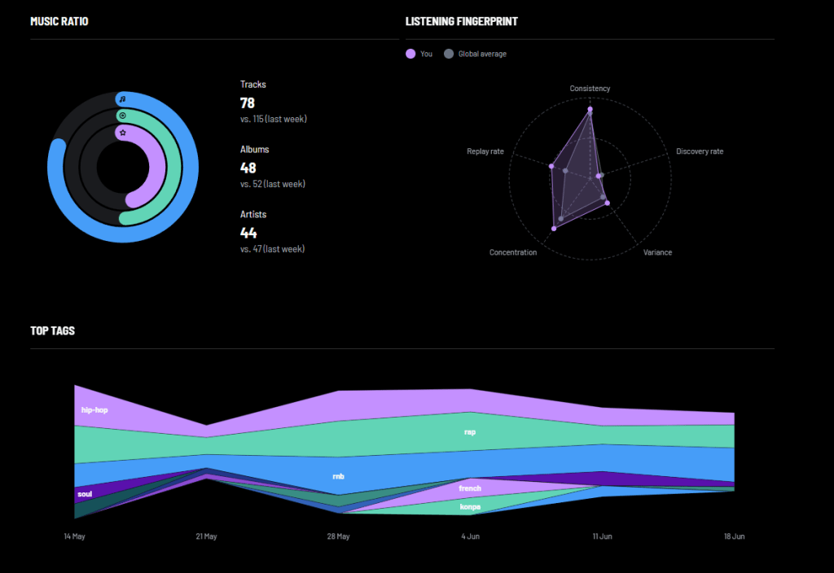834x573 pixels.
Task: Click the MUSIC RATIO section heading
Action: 59,21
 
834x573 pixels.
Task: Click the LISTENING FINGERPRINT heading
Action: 461,21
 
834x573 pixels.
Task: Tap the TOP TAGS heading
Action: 53,330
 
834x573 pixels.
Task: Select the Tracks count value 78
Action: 248,103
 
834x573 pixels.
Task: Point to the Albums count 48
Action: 248,168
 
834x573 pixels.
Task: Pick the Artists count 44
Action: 248,232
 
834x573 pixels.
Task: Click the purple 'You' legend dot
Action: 410,54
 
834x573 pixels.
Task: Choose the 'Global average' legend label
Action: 482,54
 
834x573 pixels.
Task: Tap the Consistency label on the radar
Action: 590,88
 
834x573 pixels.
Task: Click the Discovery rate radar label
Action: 700,151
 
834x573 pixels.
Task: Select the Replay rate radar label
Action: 485,151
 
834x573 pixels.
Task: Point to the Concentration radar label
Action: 513,252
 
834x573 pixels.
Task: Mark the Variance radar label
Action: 657,252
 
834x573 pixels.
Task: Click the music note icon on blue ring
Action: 122,99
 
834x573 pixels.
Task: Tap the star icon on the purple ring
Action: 123,133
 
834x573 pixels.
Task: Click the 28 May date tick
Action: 338,536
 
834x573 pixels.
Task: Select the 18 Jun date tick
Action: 734,536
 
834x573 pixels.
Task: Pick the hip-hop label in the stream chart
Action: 94,410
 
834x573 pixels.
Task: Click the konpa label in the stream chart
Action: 470,506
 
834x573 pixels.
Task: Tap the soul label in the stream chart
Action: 85,494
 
